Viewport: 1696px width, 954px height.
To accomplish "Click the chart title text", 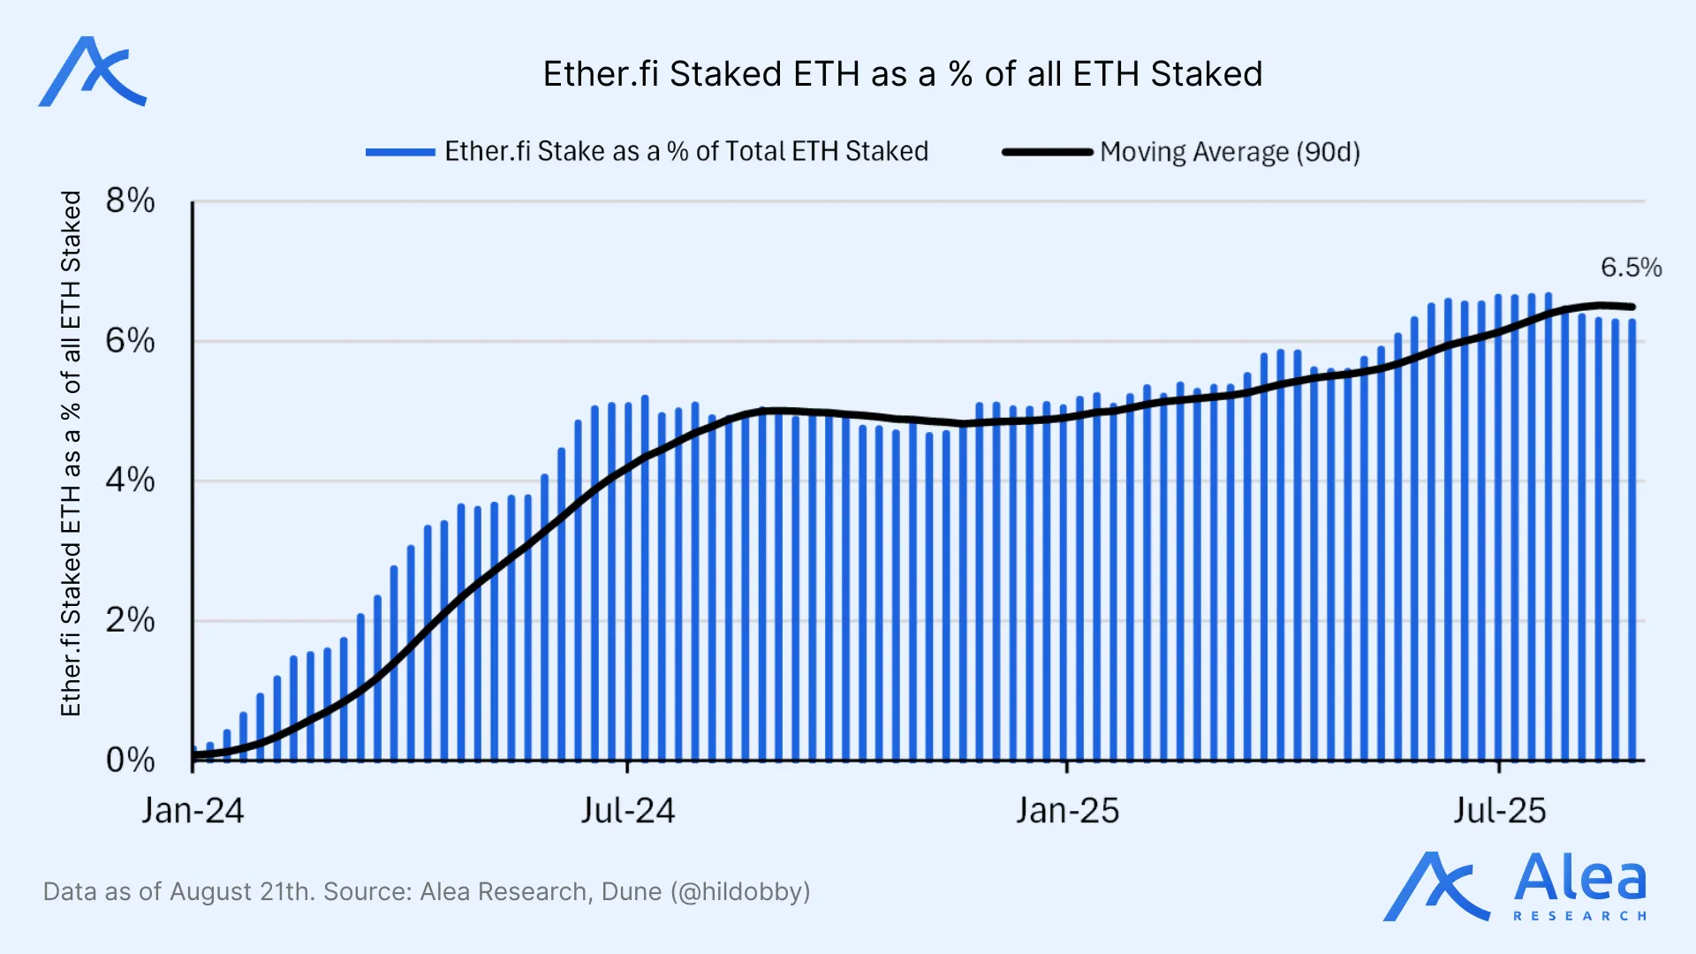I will (902, 74).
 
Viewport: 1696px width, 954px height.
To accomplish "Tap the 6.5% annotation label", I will (1631, 267).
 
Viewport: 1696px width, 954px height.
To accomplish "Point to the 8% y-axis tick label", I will (130, 201).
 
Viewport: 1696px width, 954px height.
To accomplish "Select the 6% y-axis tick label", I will (130, 341).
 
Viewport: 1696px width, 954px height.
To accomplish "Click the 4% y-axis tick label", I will (130, 481).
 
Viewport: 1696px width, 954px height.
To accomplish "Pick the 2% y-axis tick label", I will (130, 620).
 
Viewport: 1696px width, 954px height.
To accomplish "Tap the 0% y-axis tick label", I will (130, 760).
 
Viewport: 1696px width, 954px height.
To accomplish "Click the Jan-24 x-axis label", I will (193, 811).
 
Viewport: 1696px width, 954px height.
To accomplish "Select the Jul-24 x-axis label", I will (627, 811).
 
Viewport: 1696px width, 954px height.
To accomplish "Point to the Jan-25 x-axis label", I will (1067, 811).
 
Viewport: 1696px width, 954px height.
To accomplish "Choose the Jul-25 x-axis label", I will (1500, 811).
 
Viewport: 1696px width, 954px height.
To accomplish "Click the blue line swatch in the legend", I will (400, 152).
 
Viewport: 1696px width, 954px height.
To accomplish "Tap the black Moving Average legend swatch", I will (1048, 152).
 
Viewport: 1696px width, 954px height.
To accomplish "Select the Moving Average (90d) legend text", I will (1230, 152).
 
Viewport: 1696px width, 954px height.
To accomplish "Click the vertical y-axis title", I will (71, 453).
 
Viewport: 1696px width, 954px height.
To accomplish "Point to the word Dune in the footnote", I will (631, 891).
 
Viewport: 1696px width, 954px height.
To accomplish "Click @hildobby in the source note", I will (739, 891).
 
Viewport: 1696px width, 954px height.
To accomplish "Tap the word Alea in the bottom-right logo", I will (1579, 878).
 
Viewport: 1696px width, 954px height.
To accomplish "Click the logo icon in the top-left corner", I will (92, 72).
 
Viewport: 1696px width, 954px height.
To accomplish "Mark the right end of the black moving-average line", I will (1632, 307).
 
